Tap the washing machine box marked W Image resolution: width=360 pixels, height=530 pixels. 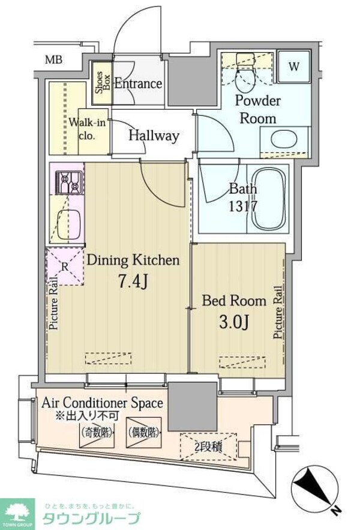point(294,66)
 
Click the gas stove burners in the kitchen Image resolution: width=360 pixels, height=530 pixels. point(69,182)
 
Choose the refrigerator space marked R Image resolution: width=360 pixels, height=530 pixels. point(65,267)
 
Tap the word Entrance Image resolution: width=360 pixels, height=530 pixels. point(138,83)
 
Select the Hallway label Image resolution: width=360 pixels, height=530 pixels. point(154,136)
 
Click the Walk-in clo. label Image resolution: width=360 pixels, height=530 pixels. point(87,128)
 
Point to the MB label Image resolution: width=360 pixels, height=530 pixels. point(54,60)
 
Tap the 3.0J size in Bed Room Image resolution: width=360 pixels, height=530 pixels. point(234,322)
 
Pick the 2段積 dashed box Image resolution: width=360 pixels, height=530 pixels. point(208,447)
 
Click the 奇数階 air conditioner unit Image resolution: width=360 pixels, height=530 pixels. point(97,433)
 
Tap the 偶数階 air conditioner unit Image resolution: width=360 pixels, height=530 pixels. point(143,433)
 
